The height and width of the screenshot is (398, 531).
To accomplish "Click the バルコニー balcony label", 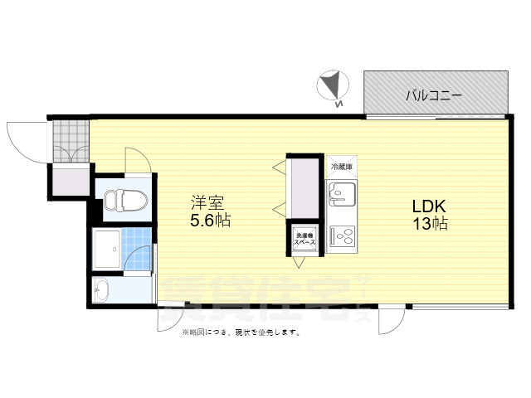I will pyautogui.click(x=434, y=95).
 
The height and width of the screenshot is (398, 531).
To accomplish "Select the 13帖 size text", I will pyautogui.click(x=428, y=224).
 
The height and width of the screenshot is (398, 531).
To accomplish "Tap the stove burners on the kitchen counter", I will pyautogui.click(x=340, y=238).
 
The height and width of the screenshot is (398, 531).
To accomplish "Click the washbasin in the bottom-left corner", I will pyautogui.click(x=103, y=290).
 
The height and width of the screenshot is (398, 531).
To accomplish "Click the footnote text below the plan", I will pyautogui.click(x=241, y=332).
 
